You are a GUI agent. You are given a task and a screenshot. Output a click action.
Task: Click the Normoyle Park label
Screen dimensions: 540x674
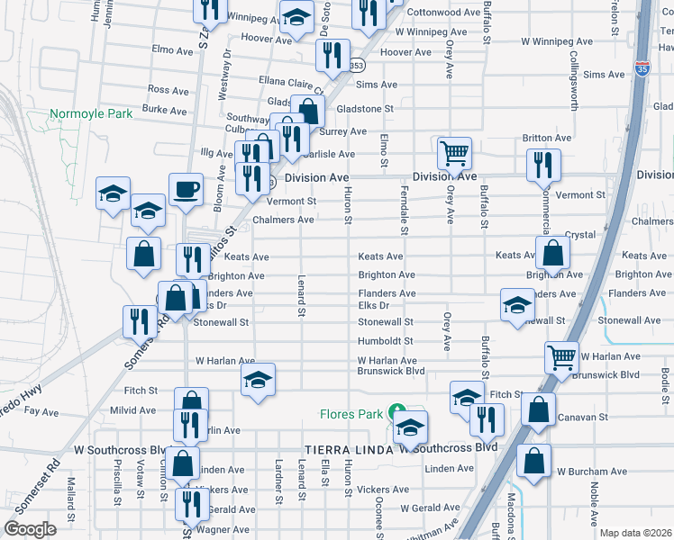pos(91,114)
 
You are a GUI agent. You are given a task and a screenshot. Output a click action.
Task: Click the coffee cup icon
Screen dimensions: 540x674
pos(186,190)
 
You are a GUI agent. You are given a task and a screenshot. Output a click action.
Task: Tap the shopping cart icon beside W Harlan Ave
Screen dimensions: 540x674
pos(561,357)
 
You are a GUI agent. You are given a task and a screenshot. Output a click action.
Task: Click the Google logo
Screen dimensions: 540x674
pos(30,528)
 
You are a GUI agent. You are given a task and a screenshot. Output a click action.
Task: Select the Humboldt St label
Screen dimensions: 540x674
pos(385,341)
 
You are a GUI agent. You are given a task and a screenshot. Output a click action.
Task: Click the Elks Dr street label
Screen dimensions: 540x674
pos(373,305)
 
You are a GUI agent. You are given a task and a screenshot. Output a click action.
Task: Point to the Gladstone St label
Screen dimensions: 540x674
pos(365,108)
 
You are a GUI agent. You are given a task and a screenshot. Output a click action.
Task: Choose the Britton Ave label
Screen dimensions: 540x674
pos(547,139)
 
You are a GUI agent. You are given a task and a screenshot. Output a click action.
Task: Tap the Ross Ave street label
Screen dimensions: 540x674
pos(168,90)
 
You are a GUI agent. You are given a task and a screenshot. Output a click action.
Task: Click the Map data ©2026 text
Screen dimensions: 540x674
pos(635,533)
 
